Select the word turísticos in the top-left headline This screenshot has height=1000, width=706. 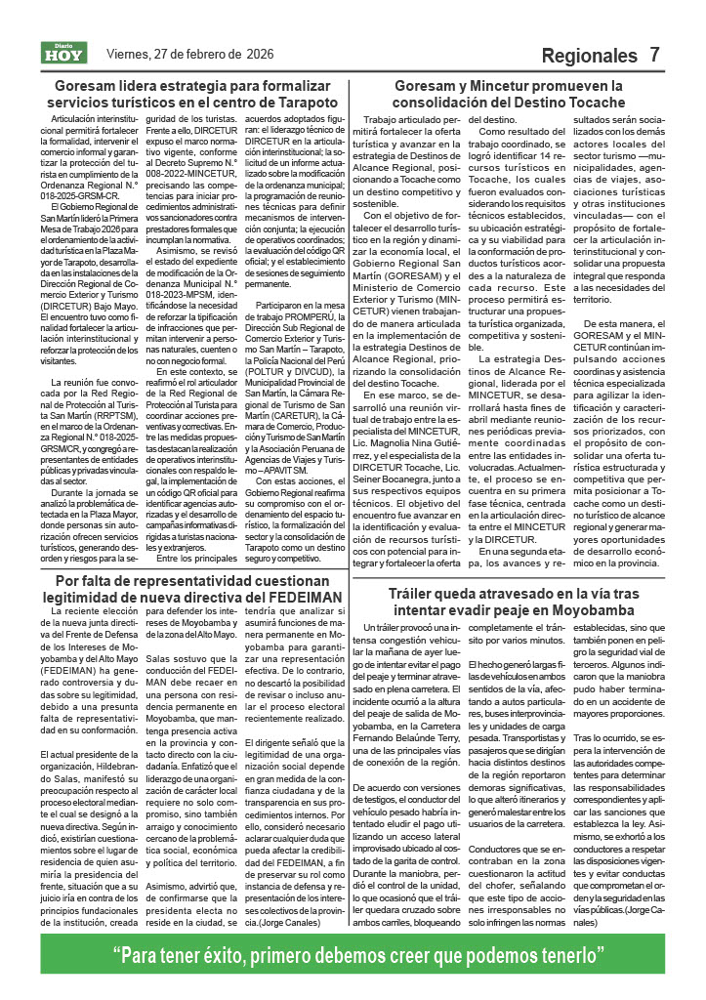point(135,103)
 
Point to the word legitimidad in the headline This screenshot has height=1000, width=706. point(96,597)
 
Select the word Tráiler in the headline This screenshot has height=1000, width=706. point(421,593)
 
